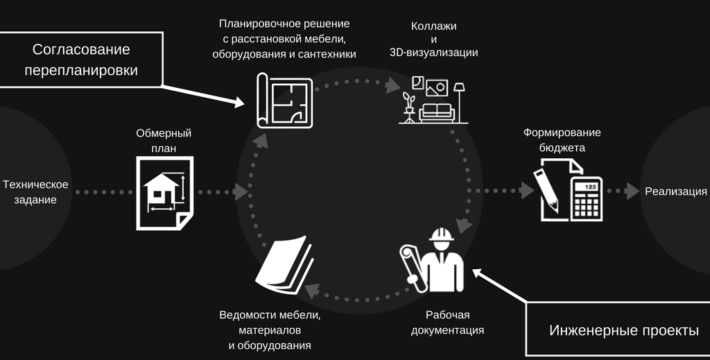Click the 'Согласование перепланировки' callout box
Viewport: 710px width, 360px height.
coord(80,60)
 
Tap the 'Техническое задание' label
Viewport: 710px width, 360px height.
coord(35,192)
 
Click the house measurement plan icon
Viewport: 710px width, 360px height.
coord(164,192)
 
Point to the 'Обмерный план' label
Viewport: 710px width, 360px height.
coord(164,140)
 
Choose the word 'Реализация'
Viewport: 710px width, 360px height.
coord(676,192)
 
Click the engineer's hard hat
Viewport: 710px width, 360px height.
coord(440,236)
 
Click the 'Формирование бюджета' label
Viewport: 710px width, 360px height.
coord(562,139)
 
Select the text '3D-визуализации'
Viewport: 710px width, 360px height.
coord(434,53)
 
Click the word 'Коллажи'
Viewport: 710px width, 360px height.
coord(434,26)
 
